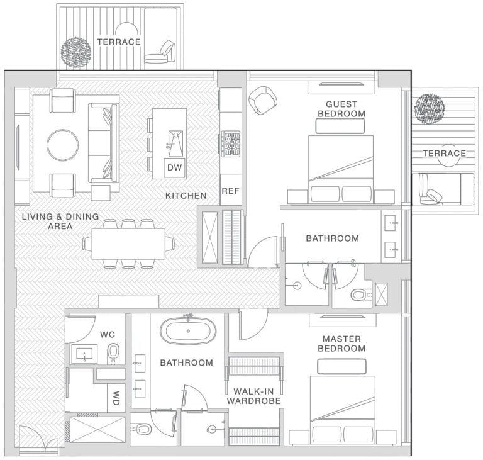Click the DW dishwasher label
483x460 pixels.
point(174,167)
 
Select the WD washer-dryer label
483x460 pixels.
point(116,398)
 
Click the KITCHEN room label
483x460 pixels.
point(186,196)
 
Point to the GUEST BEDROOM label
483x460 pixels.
point(341,109)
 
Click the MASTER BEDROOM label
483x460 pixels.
point(341,344)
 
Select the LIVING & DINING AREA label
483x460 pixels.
point(60,221)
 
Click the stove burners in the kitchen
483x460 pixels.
point(230,143)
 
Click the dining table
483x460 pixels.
point(128,243)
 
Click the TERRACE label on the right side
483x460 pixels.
point(444,153)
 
